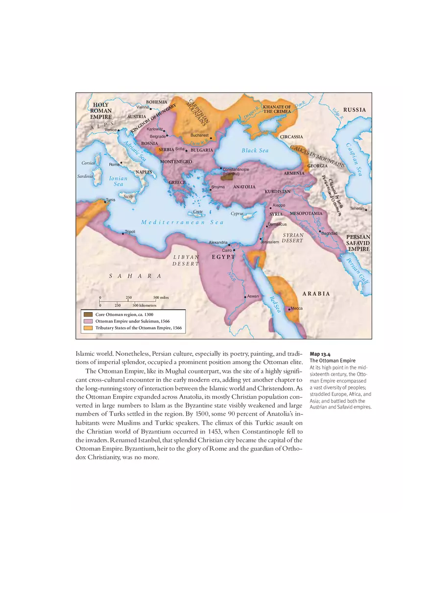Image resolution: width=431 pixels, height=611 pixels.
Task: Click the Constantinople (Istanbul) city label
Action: tap(236, 171)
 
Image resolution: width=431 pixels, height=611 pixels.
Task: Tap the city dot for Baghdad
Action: tap(320, 231)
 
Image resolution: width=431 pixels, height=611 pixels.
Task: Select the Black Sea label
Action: tap(255, 150)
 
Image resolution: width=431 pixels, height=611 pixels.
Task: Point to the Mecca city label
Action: tap(297, 308)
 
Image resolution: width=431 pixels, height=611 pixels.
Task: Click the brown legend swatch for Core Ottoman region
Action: tap(88, 314)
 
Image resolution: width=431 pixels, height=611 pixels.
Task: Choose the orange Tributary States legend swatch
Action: tap(88, 327)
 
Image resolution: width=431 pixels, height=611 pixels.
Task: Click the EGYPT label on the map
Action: tap(223, 257)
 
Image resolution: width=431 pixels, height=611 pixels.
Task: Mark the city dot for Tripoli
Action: tap(123, 234)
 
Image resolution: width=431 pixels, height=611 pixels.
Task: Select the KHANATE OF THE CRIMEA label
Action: tap(277, 109)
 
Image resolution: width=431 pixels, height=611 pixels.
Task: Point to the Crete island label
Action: tap(198, 212)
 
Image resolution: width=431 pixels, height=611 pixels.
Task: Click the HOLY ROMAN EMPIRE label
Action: tap(101, 111)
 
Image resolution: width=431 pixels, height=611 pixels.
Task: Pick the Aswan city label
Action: tap(253, 296)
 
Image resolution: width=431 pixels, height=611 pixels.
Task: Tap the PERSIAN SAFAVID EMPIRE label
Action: tap(358, 243)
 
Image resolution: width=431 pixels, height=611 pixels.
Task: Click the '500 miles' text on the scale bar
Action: tap(161, 297)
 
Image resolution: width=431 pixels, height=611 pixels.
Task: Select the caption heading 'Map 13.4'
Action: tap(320, 354)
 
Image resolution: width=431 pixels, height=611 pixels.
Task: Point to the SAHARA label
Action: tap(135, 276)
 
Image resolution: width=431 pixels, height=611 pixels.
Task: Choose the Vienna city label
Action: tap(143, 107)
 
